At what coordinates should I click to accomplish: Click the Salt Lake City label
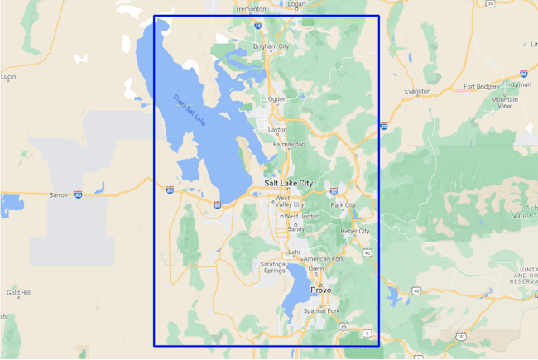point(289,183)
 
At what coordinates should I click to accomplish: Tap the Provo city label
point(320,290)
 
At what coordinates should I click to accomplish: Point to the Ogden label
point(276,99)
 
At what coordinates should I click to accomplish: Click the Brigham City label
point(271,46)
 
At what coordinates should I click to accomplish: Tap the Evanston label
point(417,90)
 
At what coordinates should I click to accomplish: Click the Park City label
point(343,204)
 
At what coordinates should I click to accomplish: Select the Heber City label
point(355,231)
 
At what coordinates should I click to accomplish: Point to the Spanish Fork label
point(322,310)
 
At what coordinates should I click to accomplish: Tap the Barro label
point(57,195)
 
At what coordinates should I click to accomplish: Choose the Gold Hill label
point(18,292)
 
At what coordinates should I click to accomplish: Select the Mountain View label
point(505,103)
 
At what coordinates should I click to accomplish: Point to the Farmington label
point(289,144)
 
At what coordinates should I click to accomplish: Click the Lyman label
point(522,84)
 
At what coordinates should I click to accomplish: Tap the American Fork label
point(323,259)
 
